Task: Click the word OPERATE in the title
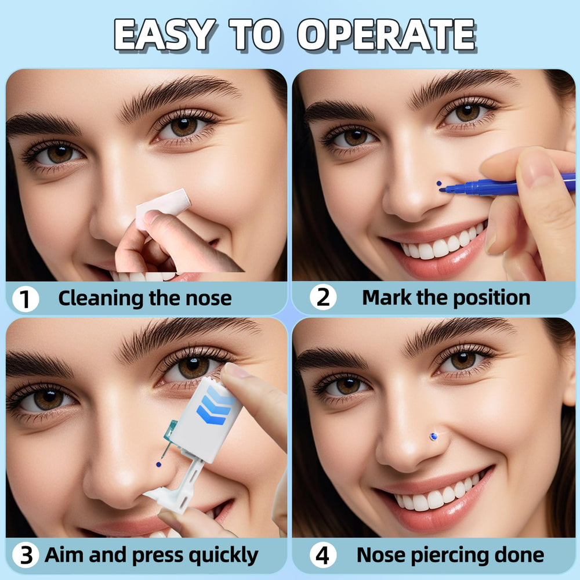(386, 34)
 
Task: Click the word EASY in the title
(165, 34)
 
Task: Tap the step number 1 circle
(26, 299)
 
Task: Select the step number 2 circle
(323, 297)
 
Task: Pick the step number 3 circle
(26, 555)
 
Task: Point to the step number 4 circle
(323, 555)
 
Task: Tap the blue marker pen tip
(443, 190)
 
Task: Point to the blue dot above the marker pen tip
(439, 183)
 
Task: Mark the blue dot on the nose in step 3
(159, 464)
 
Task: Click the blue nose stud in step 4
(433, 437)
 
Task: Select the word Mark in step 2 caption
(386, 298)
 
